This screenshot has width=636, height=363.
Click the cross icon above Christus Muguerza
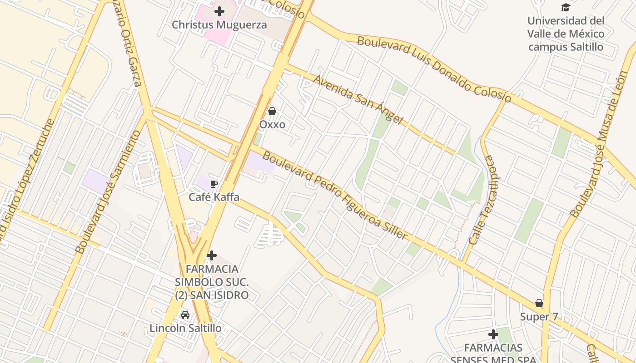coord(219,11)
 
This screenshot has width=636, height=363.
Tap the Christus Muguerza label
coord(219,25)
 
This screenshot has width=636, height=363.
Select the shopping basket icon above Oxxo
coord(272,111)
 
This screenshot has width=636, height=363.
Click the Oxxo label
coord(272,124)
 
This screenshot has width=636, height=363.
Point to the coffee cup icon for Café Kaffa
coord(214,184)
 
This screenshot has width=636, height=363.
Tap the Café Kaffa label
coord(214,197)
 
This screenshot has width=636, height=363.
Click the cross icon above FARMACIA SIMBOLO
coord(212,256)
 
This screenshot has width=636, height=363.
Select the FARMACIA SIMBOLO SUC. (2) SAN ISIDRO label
coord(212,282)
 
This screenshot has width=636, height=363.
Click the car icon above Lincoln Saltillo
coord(185,315)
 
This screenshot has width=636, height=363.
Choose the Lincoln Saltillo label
coord(185,328)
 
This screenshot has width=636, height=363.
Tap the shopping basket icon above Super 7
coord(539,303)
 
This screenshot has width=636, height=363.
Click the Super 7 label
coord(539,317)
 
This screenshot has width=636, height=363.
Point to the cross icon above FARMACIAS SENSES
coord(493,335)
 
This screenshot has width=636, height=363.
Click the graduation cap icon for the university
coord(566,7)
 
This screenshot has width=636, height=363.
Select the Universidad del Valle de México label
coord(566,34)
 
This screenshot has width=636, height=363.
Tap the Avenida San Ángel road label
coord(358,100)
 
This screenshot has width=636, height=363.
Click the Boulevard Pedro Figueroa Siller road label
coord(335,196)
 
